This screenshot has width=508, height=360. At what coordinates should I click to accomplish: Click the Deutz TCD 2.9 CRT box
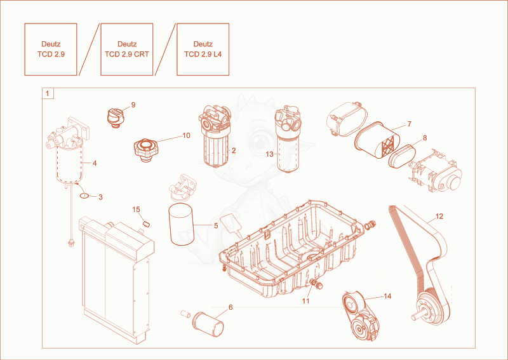[x=126, y=50]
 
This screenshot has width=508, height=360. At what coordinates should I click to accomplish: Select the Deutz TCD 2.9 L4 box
[x=203, y=50]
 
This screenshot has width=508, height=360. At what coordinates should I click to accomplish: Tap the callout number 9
[x=133, y=105]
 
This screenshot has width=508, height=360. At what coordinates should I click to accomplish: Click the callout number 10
[x=187, y=135]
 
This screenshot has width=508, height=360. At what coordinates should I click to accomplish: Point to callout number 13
[x=269, y=154]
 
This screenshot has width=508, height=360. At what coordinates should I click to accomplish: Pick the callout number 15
[x=136, y=210]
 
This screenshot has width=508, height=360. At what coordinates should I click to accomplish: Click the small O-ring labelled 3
[x=84, y=196]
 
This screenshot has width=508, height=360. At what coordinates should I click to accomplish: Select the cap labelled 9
[x=116, y=117]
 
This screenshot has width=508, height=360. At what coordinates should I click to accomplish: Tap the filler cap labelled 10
[x=146, y=150]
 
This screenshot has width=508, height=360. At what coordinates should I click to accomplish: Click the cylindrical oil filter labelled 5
[x=181, y=224]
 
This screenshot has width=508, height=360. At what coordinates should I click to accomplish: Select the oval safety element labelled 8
[x=402, y=156]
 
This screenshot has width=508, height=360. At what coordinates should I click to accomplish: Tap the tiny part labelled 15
[x=146, y=223]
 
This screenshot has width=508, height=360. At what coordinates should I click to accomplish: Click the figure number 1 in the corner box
[x=48, y=93]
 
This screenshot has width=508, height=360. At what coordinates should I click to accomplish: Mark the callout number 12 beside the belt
[x=439, y=217]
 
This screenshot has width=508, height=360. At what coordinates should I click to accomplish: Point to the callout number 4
[x=95, y=163]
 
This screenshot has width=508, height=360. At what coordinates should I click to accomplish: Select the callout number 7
[x=410, y=124]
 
